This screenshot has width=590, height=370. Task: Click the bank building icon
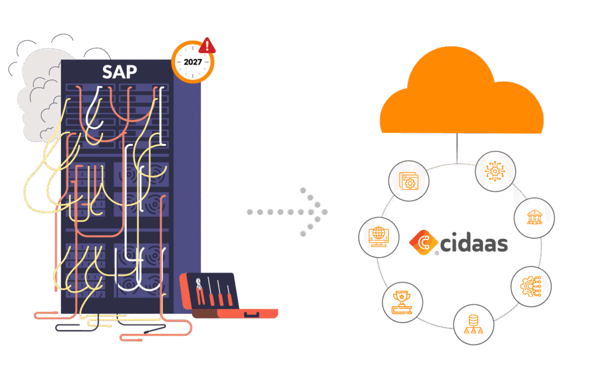[x=534, y=218]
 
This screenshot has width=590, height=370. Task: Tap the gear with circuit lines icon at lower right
[x=531, y=286]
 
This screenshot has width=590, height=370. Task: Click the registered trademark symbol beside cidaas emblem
[x=437, y=254]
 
